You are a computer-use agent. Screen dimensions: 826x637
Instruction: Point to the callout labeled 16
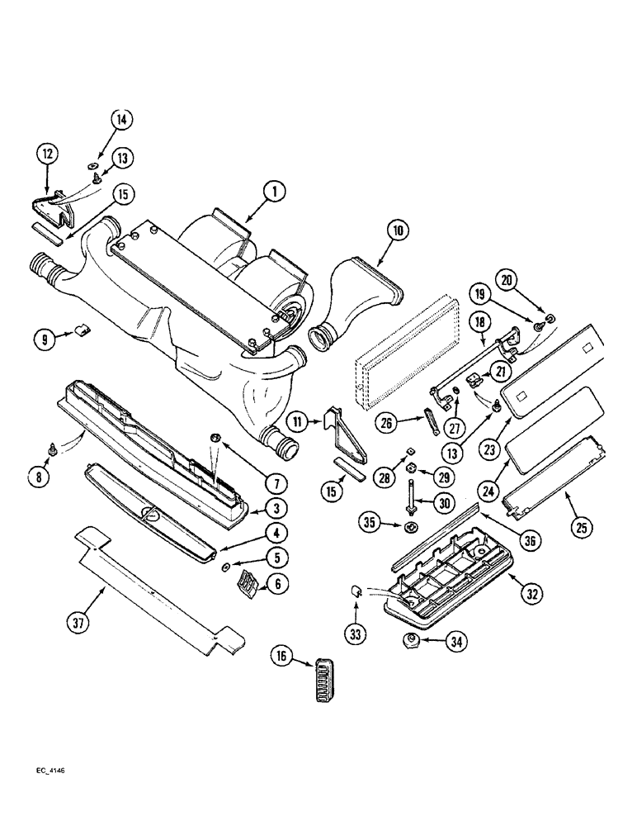pyautogui.click(x=283, y=656)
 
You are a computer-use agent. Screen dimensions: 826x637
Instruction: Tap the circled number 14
pyautogui.click(x=121, y=120)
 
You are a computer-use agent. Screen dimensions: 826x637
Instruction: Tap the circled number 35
pyautogui.click(x=370, y=521)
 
